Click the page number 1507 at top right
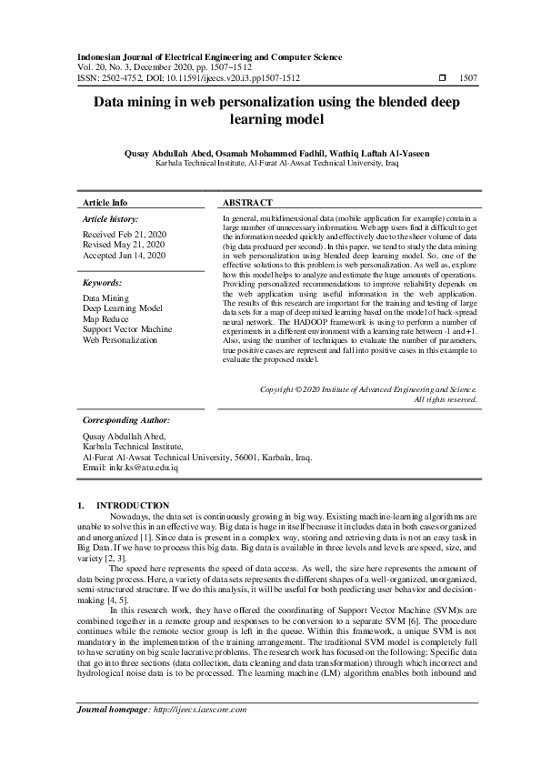tap(467, 79)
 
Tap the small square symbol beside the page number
tap(442, 79)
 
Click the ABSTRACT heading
tap(246, 203)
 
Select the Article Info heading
tap(105, 203)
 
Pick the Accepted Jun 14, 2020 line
tap(125, 256)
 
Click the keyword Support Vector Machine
tap(127, 329)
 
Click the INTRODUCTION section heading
tap(133, 506)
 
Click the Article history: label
tap(110, 220)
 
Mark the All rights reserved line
tap(446, 399)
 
